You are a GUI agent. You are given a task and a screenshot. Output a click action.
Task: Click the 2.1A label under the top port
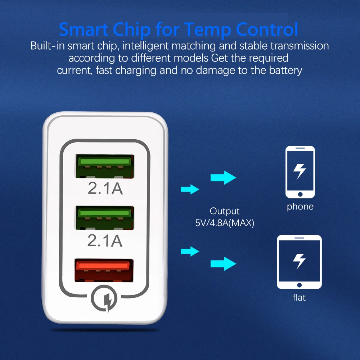tap(105, 188)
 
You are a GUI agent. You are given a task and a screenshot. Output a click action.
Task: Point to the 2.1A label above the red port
tap(105, 241)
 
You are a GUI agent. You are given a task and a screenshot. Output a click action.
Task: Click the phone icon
tap(300, 172)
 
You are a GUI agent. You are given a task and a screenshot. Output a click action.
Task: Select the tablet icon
tap(299, 262)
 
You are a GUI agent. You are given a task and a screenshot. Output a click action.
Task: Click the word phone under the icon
tap(300, 207)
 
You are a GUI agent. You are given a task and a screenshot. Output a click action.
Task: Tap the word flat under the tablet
tap(299, 298)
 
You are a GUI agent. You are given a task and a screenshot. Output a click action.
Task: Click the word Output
tap(225, 211)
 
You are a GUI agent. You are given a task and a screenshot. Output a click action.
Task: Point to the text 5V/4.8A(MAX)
tap(225, 223)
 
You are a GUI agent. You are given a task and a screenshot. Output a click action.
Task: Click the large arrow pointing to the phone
tap(223, 177)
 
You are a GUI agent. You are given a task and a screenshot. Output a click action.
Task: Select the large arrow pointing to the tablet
tap(223, 264)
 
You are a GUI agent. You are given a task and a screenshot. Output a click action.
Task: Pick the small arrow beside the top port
tap(190, 189)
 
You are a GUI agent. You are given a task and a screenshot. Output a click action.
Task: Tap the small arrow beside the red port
tap(190, 251)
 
